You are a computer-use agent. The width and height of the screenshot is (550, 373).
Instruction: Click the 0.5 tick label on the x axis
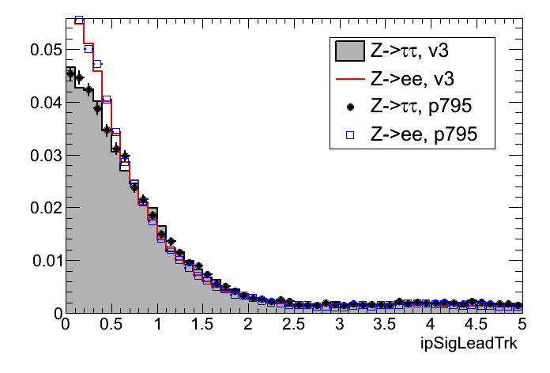point(111,324)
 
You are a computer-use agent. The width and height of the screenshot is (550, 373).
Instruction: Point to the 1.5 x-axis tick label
point(202,324)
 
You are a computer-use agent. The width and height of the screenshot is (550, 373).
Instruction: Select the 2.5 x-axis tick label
point(294,324)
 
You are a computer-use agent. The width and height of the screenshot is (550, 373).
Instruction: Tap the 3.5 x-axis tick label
point(385,324)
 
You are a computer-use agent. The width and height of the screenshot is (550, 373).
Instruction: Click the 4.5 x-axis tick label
point(477,324)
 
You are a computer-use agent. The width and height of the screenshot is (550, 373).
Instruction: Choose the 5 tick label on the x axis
point(522,324)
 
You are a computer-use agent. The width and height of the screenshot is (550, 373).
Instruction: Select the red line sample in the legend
point(349,79)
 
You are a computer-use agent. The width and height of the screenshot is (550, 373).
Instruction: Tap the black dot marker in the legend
point(349,107)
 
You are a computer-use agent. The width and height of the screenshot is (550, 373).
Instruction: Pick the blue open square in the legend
point(349,135)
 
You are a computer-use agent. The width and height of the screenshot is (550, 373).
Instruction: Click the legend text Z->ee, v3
point(415,79)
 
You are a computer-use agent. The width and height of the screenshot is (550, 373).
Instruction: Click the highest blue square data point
point(79,20)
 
